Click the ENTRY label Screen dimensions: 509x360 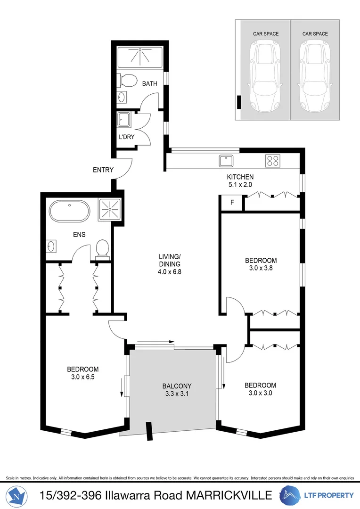point(103,170)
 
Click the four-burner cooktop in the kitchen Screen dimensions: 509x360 point(272,161)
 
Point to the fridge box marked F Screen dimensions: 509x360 point(231,203)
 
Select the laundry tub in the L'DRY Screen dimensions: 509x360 point(125,120)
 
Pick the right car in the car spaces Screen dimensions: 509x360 point(314,75)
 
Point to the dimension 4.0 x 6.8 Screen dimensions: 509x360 point(170,271)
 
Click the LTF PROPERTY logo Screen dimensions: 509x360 point(317,495)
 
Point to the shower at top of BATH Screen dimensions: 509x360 point(139,57)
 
